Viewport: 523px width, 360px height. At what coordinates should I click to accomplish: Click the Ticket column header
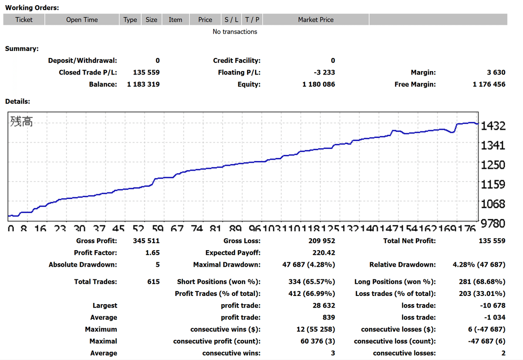[24, 20]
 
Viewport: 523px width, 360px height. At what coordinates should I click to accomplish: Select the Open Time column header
[82, 20]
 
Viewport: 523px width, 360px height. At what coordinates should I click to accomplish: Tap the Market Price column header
[316, 20]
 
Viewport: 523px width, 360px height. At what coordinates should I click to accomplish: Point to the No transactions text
[235, 31]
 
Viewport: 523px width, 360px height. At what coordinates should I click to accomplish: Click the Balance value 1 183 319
[143, 84]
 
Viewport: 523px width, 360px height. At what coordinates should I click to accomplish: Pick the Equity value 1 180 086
[319, 84]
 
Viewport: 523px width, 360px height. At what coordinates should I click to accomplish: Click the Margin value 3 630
[496, 72]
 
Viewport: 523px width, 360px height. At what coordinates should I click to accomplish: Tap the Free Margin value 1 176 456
[489, 84]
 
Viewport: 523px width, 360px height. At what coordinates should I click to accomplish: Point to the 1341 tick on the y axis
[493, 146]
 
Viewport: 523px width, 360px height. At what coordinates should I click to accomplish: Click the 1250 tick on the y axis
[493, 165]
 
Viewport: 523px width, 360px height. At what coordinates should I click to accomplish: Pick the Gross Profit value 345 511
[146, 241]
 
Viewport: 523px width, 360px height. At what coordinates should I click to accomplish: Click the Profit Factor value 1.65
[153, 252]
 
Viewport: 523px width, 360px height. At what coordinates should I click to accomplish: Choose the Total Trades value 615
[153, 282]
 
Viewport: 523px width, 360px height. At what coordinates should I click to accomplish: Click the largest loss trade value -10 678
[492, 306]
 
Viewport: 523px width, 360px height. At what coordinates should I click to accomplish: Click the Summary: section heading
[21, 48]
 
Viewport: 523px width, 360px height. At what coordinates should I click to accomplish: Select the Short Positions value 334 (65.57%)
[312, 282]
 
